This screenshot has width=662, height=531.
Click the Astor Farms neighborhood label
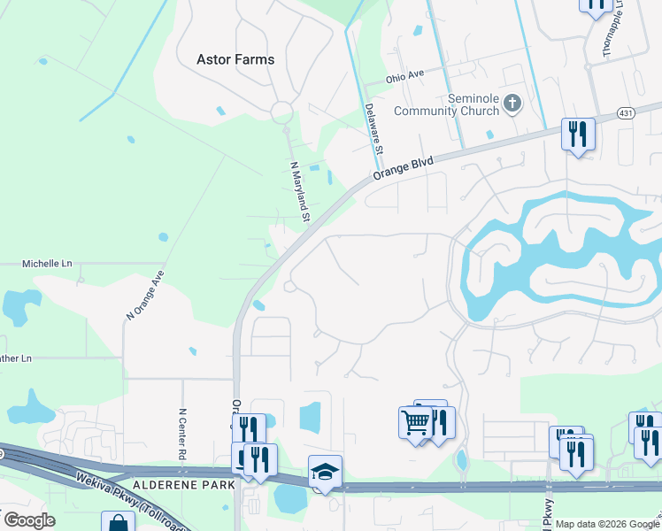click(x=235, y=59)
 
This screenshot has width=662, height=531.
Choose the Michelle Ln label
click(x=47, y=264)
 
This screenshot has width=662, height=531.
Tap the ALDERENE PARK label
click(x=184, y=485)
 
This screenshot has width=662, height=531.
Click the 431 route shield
click(x=627, y=113)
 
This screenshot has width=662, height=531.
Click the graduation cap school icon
click(x=325, y=471)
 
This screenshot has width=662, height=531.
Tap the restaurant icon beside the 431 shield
click(x=578, y=135)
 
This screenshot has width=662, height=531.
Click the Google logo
click(x=29, y=520)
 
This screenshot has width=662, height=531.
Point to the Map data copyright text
click(x=605, y=524)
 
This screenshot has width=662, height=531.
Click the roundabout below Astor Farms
click(x=281, y=112)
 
